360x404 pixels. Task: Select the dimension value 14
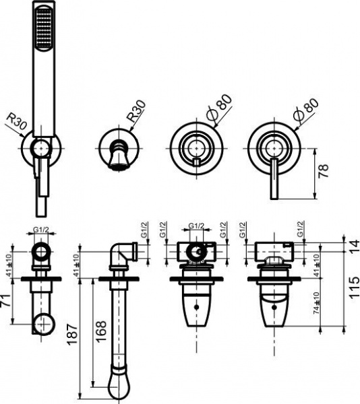353,247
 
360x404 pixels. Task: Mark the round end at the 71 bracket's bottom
44,323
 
